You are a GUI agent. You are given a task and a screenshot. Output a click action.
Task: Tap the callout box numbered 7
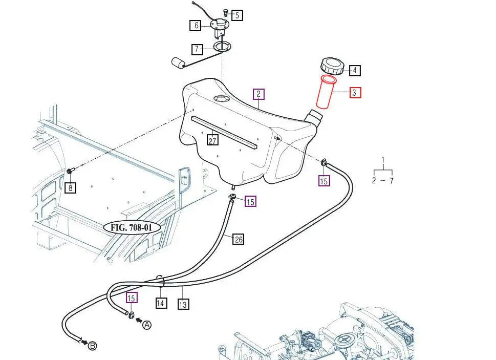198,50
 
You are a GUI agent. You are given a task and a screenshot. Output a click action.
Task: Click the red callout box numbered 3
355,93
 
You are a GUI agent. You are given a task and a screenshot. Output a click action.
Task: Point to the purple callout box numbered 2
259,94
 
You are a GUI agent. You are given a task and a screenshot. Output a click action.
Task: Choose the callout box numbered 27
212,140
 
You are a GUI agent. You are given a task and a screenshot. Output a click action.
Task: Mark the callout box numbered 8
71,188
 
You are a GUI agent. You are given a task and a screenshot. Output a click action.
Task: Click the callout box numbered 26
238,239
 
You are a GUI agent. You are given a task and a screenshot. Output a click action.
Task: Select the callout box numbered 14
161,303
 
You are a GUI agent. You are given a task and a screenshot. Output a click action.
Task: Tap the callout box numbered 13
183,305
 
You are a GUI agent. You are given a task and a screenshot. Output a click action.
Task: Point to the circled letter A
147,325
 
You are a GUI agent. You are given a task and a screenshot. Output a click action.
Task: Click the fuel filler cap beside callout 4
330,66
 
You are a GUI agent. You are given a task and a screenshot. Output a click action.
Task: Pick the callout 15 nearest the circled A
132,298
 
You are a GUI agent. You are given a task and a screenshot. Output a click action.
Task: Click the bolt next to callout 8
70,171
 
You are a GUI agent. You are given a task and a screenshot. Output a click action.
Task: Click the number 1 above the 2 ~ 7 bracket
383,160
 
